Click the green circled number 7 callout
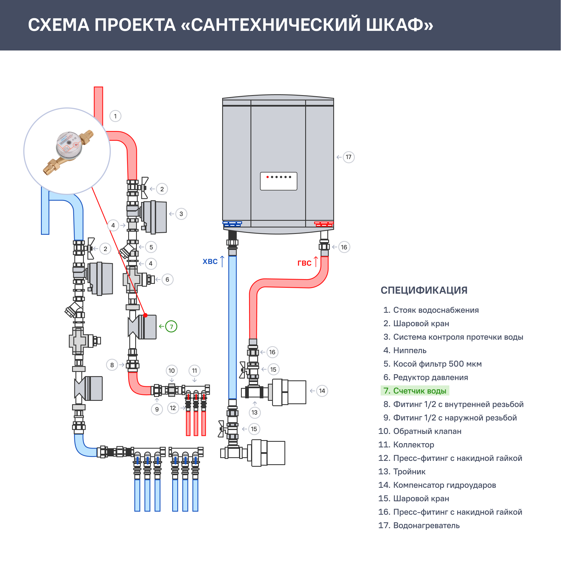point(171,327)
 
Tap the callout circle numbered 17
point(348,157)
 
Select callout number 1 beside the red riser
point(115,116)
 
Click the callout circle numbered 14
point(322,391)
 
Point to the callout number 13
point(255,413)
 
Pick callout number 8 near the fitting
point(112,365)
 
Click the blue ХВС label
point(210,262)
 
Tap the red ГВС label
point(304,263)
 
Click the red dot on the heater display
point(267,177)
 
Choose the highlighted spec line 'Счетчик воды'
point(415,391)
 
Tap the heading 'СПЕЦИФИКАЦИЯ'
point(424,290)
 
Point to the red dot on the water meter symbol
point(146,315)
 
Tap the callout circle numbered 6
point(167,280)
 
